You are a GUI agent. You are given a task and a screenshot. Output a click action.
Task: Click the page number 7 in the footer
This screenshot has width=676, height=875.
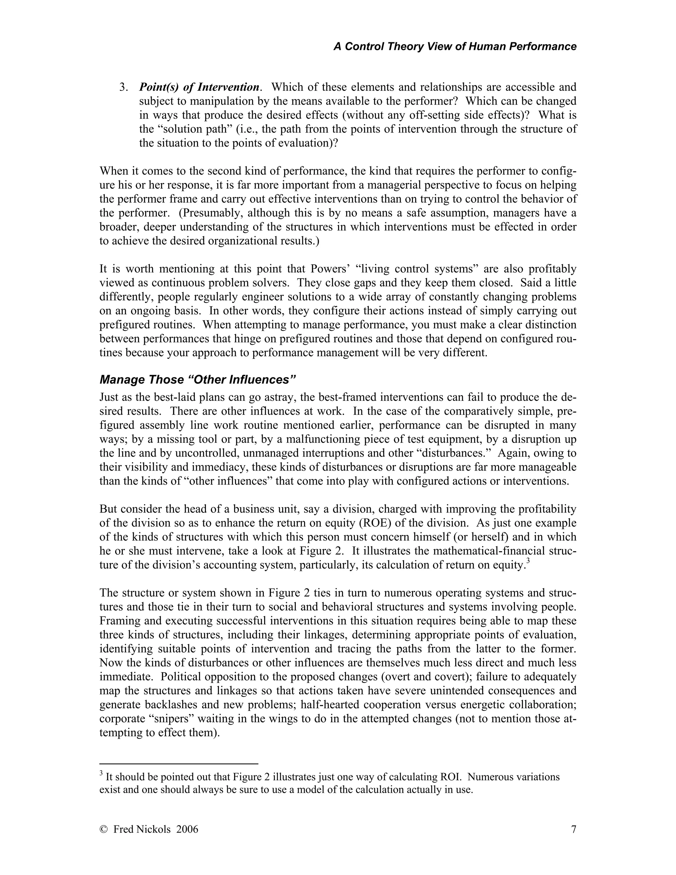[x=573, y=829]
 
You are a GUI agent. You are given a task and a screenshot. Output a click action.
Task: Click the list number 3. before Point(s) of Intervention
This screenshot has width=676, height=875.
[x=123, y=87]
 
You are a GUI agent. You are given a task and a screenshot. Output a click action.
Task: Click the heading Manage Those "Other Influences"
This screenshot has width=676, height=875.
[x=197, y=379]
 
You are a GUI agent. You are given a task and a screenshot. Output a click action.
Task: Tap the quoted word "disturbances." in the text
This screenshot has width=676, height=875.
[x=451, y=453]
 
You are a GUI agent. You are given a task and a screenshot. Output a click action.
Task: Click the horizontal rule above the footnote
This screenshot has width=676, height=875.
[x=179, y=764]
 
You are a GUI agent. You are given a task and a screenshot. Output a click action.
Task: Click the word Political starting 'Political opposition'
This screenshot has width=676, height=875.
[x=182, y=677]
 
